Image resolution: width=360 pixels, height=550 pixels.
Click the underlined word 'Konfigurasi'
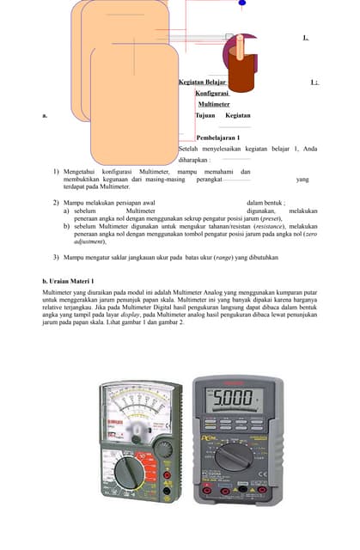tap(211, 93)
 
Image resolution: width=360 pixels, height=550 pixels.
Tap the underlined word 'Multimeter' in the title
tap(213, 104)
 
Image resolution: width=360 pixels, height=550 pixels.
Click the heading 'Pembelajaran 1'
tap(217, 137)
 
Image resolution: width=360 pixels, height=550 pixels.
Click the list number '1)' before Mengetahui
tap(55, 172)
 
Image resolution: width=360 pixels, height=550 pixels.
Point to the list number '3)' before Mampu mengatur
tap(55, 257)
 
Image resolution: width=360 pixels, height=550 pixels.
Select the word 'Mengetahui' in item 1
tap(84, 172)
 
